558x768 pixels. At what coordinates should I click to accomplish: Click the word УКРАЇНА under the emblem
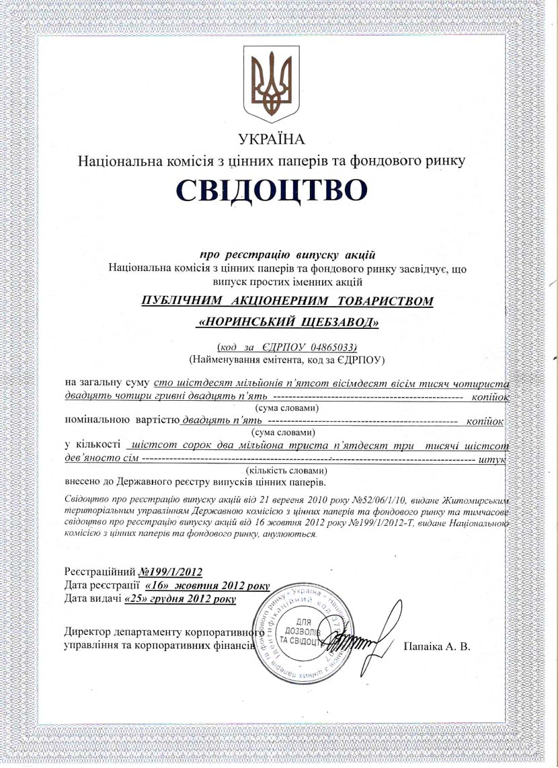272,139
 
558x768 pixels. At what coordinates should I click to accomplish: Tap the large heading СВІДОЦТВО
272,191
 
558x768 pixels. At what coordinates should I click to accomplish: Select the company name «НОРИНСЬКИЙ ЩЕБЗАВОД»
288,323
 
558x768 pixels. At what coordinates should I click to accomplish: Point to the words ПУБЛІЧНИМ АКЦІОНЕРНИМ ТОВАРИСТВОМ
288,301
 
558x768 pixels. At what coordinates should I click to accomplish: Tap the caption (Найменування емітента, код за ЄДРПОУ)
287,359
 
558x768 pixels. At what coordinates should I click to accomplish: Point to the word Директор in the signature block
87,632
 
